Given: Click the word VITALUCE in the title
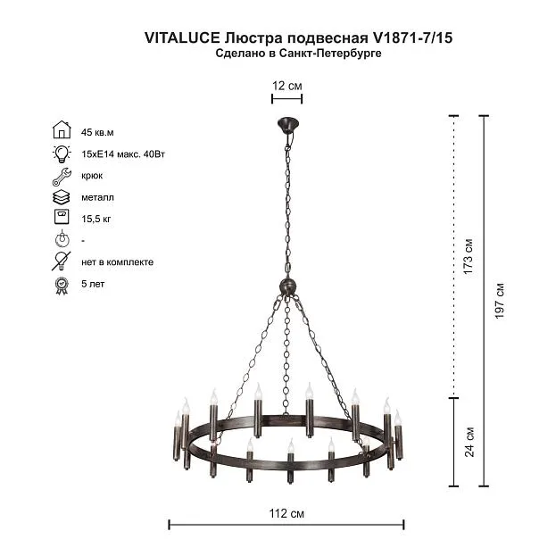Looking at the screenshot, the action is (182, 37).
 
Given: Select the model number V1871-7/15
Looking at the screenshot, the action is (412, 37).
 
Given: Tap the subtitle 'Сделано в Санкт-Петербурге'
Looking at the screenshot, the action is (298, 54).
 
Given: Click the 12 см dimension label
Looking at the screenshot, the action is (286, 86).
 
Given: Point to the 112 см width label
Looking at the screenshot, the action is (286, 513).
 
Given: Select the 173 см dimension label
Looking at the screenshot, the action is (468, 256).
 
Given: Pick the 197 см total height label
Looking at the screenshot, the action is (499, 301).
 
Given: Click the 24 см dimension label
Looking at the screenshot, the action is (469, 442).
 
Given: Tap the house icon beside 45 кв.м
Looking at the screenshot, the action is (62, 129).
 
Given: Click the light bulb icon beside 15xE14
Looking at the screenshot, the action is (62, 154).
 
